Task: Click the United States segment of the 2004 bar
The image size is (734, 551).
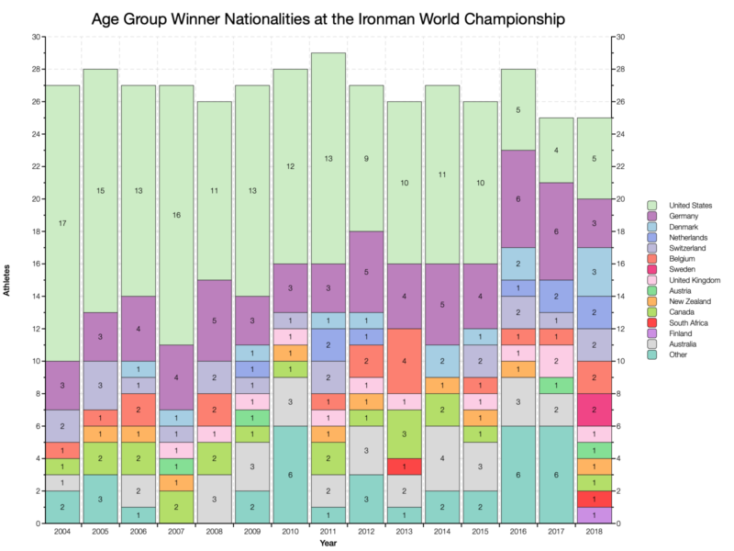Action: (62, 223)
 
